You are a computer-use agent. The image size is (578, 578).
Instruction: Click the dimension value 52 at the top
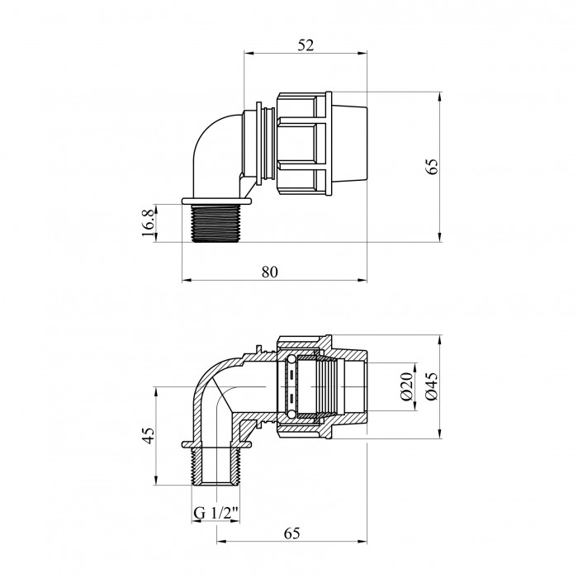coord(306,45)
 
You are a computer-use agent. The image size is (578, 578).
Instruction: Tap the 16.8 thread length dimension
coord(148,224)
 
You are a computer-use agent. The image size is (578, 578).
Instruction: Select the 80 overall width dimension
coord(270,272)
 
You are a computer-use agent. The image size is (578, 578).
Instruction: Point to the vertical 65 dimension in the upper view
coord(432,167)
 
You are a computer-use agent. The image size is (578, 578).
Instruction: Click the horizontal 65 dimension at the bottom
coord(292,533)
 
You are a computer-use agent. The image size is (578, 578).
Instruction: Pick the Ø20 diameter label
coord(406,386)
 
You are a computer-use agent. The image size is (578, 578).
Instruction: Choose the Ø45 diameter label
coord(432,386)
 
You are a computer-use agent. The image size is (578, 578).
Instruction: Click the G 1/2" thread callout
coord(216,514)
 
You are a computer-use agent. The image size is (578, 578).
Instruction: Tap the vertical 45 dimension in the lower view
coord(148,436)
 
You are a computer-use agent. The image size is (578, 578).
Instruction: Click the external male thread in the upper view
coord(216,223)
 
